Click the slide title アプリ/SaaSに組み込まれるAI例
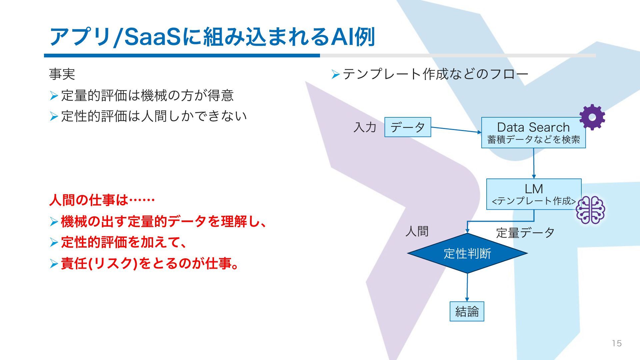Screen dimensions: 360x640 tap(212, 37)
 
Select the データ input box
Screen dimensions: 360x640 tap(407, 127)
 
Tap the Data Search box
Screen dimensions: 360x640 tap(533, 133)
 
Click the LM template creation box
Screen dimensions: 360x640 tap(533, 194)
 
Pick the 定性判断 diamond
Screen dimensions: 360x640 tap(467, 253)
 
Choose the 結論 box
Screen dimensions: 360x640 tap(467, 311)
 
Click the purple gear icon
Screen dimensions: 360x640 tap(592, 117)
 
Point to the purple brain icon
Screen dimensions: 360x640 tap(590, 210)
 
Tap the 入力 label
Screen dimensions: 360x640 tap(365, 127)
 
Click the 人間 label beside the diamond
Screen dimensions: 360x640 tap(417, 231)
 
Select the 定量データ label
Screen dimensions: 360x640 tap(525, 233)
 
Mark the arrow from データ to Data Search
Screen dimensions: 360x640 tap(456, 130)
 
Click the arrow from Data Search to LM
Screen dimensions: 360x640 tap(534, 163)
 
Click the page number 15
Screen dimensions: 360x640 tap(617, 343)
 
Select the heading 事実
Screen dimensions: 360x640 tap(62, 74)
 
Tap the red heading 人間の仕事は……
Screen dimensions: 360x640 tap(102, 200)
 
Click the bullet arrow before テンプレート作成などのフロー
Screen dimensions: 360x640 tap(335, 74)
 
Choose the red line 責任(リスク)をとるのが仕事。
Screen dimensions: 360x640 tap(150, 264)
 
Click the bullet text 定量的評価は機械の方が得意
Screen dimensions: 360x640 tap(147, 96)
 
